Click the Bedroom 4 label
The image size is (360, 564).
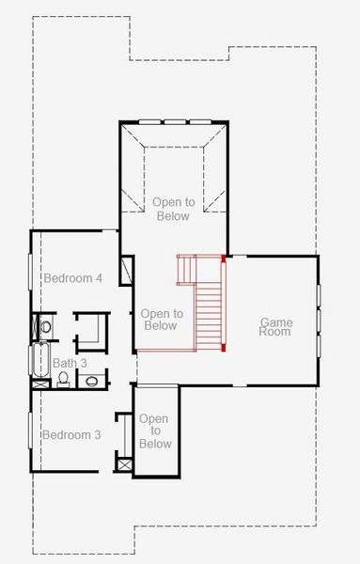point(72,278)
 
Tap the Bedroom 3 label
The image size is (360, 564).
point(71,434)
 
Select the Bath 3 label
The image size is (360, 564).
point(70,363)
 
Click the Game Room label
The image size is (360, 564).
point(275,327)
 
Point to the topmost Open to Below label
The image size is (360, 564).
point(172,209)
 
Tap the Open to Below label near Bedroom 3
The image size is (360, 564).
point(155,431)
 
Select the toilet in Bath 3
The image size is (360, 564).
point(63,379)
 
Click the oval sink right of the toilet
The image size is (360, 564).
point(92,381)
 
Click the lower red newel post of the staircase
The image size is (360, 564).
point(224,349)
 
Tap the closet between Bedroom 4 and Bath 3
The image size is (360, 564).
point(91,331)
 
